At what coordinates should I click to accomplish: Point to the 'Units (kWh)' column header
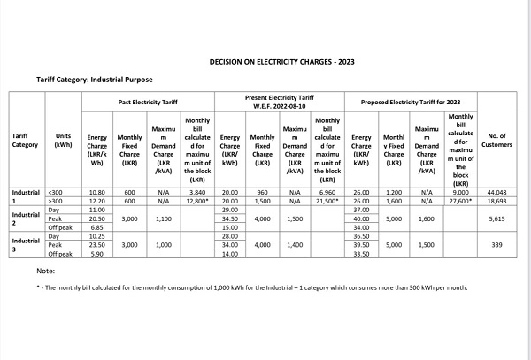(63, 140)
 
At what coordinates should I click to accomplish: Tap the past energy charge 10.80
(97, 192)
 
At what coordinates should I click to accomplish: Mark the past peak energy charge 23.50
(97, 244)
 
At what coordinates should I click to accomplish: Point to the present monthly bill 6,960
(327, 192)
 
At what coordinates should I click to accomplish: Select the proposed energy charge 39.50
(361, 244)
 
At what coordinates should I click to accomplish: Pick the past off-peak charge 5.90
(97, 253)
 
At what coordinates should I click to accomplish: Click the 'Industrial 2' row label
(26, 218)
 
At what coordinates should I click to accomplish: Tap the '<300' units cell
(54, 192)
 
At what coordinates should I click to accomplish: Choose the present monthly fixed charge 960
(262, 192)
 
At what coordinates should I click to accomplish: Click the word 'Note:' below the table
(46, 271)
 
